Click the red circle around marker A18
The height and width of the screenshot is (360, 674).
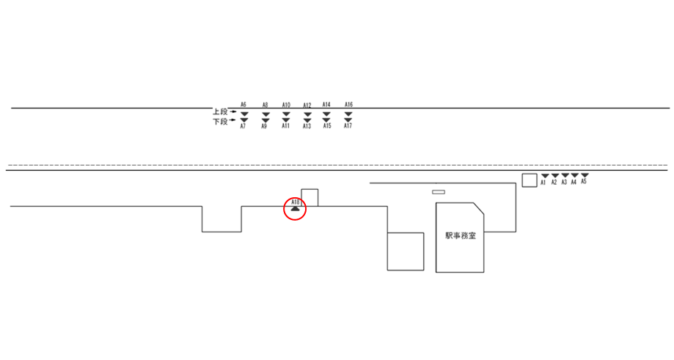[294, 209]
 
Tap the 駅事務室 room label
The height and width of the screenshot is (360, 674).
[461, 236]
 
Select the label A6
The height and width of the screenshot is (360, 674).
[243, 105]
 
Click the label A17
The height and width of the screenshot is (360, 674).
[348, 126]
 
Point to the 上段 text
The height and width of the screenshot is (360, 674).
[220, 112]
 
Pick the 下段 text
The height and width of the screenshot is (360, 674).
[220, 122]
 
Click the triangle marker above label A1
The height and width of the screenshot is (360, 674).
[545, 176]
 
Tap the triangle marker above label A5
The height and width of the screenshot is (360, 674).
[585, 175]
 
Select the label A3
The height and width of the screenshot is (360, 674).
[564, 183]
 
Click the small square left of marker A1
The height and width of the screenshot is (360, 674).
[529, 180]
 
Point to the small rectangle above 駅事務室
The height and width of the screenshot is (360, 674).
[439, 192]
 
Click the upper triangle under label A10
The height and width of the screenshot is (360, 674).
[286, 114]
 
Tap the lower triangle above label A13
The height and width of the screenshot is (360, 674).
[307, 120]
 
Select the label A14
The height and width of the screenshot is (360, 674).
[326, 105]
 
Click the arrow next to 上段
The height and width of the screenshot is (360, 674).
[233, 111]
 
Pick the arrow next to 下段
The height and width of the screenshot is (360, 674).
[233, 121]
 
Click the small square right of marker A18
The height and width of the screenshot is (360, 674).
[309, 197]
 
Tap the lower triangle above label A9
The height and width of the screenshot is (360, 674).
[265, 120]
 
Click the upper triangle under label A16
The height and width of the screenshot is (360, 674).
[348, 114]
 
